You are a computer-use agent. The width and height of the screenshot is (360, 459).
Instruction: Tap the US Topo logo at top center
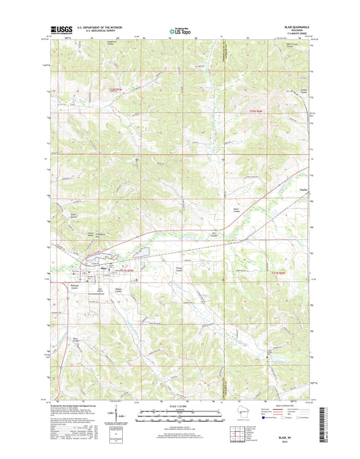click(x=180, y=30)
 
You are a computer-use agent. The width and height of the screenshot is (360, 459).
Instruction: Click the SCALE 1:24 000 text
click(x=180, y=406)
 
